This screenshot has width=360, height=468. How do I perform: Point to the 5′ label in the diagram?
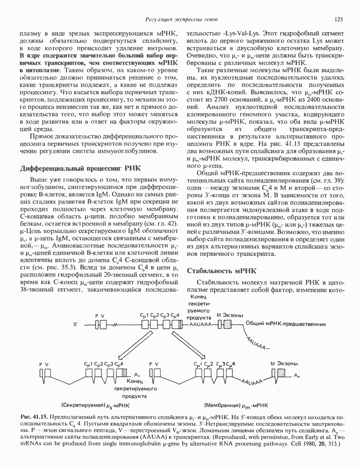pyautogui.click(x=76, y=324)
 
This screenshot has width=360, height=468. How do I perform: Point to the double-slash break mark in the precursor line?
pyautogui.click(x=115, y=324)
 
